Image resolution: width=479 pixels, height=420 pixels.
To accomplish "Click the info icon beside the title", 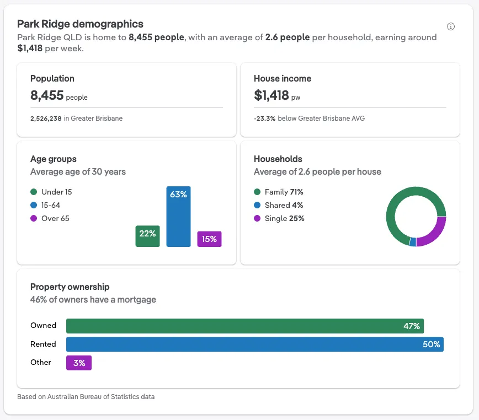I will pyautogui.click(x=451, y=26).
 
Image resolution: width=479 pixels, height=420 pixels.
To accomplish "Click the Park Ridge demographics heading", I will pyautogui.click(x=80, y=24).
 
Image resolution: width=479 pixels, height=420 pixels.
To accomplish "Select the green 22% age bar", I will pyautogui.click(x=147, y=235).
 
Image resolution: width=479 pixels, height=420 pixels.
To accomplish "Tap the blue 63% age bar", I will pyautogui.click(x=178, y=217).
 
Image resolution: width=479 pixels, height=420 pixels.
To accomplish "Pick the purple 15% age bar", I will pyautogui.click(x=209, y=239).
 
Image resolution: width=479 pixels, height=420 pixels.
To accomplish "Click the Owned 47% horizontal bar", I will pyautogui.click(x=244, y=326).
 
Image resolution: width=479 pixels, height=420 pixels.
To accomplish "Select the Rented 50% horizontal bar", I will pyautogui.click(x=254, y=344).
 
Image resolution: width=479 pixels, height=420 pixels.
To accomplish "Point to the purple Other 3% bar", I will pyautogui.click(x=79, y=363).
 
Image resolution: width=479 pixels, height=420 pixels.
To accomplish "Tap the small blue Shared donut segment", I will pyautogui.click(x=412, y=241).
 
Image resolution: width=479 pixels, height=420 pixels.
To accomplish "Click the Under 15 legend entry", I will pyautogui.click(x=51, y=192).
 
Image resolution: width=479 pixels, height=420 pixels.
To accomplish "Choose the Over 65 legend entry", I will pyautogui.click(x=50, y=218).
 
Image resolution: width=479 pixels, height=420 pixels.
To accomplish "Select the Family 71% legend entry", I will pyautogui.click(x=279, y=192).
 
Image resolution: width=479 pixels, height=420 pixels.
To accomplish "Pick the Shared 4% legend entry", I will pyautogui.click(x=279, y=205).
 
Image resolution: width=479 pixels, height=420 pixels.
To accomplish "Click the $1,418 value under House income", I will pyautogui.click(x=272, y=95).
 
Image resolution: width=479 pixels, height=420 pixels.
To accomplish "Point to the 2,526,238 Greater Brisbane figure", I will pyautogui.click(x=46, y=118).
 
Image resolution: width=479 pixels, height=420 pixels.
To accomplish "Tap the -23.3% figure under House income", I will pyautogui.click(x=264, y=118).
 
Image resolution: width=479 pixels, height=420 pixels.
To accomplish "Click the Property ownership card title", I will pyautogui.click(x=70, y=287).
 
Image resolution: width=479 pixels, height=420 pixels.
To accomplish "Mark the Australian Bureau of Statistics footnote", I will pyautogui.click(x=86, y=396).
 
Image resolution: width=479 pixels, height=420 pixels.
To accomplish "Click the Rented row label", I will pyautogui.click(x=43, y=344).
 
